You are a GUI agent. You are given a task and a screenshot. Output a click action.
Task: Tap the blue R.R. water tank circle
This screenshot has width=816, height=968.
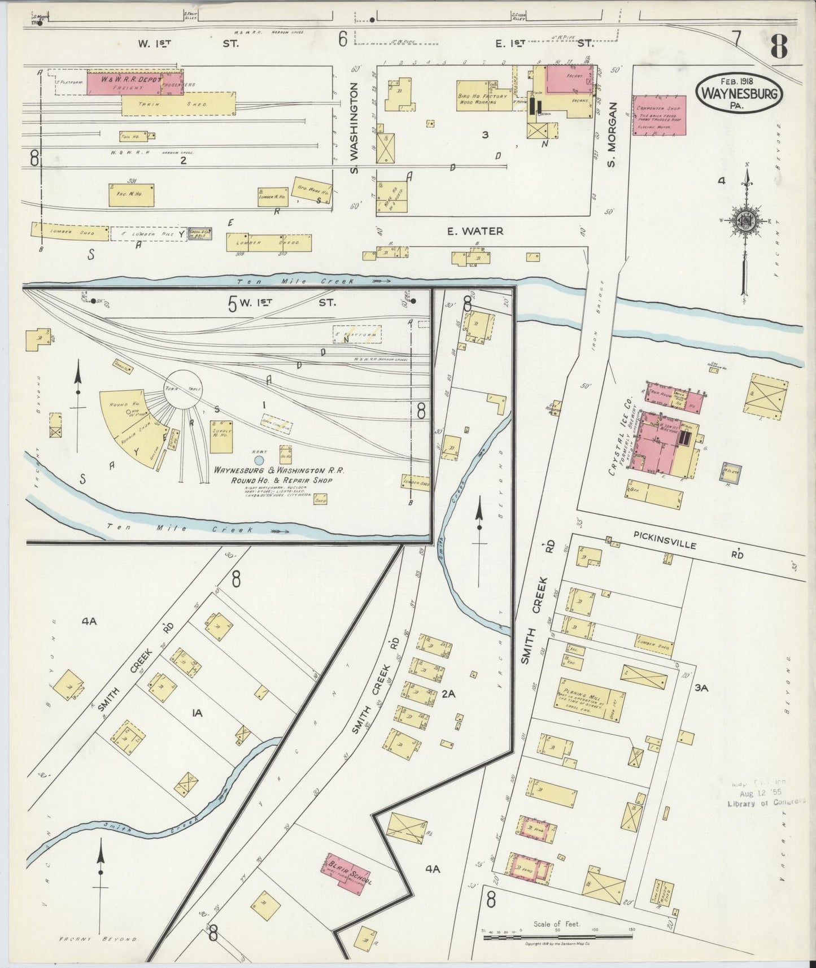(x=259, y=460)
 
